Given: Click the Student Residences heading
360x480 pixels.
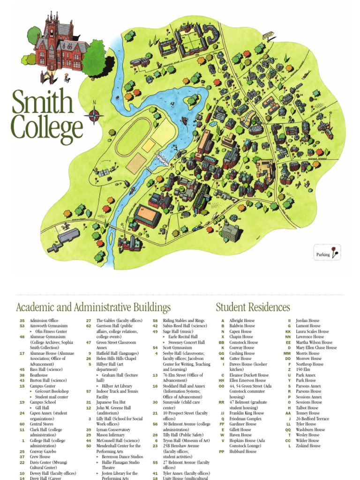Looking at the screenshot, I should [253, 307].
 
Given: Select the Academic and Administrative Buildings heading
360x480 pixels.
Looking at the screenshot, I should [93, 307].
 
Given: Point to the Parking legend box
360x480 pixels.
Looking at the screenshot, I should [327, 254].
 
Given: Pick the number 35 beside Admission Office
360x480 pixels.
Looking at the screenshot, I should [22, 321].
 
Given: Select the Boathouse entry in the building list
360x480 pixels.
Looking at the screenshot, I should [39, 375].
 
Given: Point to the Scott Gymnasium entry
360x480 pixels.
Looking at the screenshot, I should [177, 348].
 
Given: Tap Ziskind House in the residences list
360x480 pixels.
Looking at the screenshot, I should [308, 446].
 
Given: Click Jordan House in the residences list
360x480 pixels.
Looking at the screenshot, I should [307, 321].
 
